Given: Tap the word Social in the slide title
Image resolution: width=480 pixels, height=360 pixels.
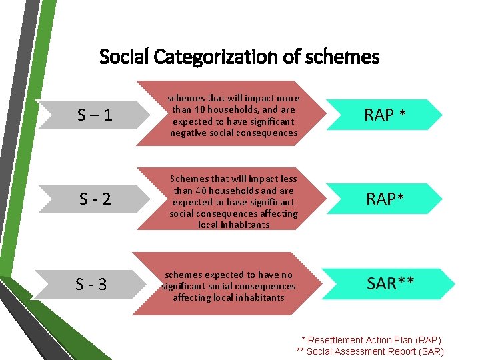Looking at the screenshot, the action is click(x=125, y=57).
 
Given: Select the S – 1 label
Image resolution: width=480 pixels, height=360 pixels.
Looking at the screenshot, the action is click(x=95, y=115).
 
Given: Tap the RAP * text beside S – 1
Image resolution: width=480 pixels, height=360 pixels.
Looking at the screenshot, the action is click(x=385, y=115).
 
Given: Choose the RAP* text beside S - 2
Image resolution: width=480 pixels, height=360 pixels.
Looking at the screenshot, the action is click(x=386, y=199).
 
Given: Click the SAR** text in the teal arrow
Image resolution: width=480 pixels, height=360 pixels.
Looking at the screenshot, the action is click(x=391, y=283).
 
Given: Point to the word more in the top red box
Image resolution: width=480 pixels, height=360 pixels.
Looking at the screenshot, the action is click(x=287, y=99).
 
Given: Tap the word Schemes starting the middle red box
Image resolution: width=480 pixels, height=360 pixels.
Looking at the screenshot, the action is click(x=189, y=179).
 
